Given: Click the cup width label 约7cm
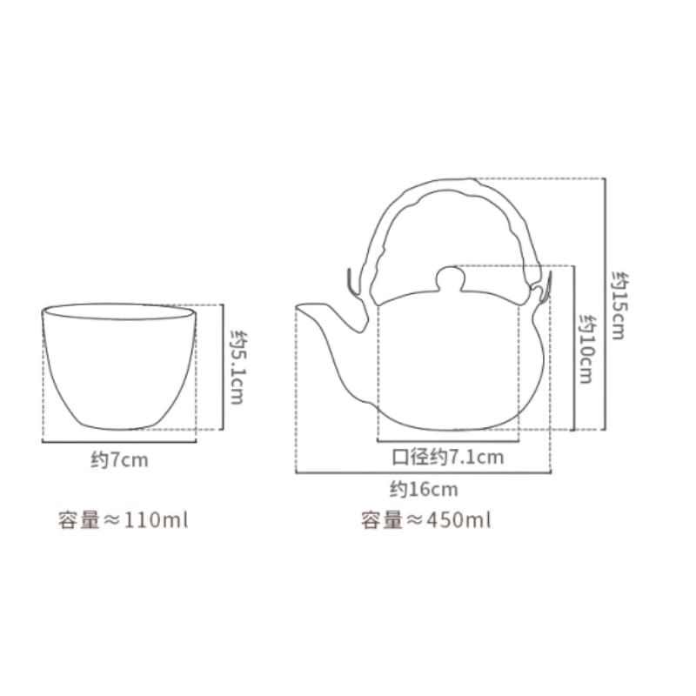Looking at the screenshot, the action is tap(119, 460).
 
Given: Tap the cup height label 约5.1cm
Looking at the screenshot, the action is tap(237, 367).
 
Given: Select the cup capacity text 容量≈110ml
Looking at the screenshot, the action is tap(123, 519).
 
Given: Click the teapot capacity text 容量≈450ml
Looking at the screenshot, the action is tap(425, 519).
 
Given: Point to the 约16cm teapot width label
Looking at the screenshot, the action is tap(424, 489).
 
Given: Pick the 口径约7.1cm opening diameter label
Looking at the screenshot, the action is tap(447, 457).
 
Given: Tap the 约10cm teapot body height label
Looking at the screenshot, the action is tap(588, 349).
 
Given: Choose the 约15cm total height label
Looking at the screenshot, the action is tap(619, 305).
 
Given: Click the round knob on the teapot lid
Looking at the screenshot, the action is tap(450, 278).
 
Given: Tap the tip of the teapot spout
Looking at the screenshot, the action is tap(297, 306).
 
